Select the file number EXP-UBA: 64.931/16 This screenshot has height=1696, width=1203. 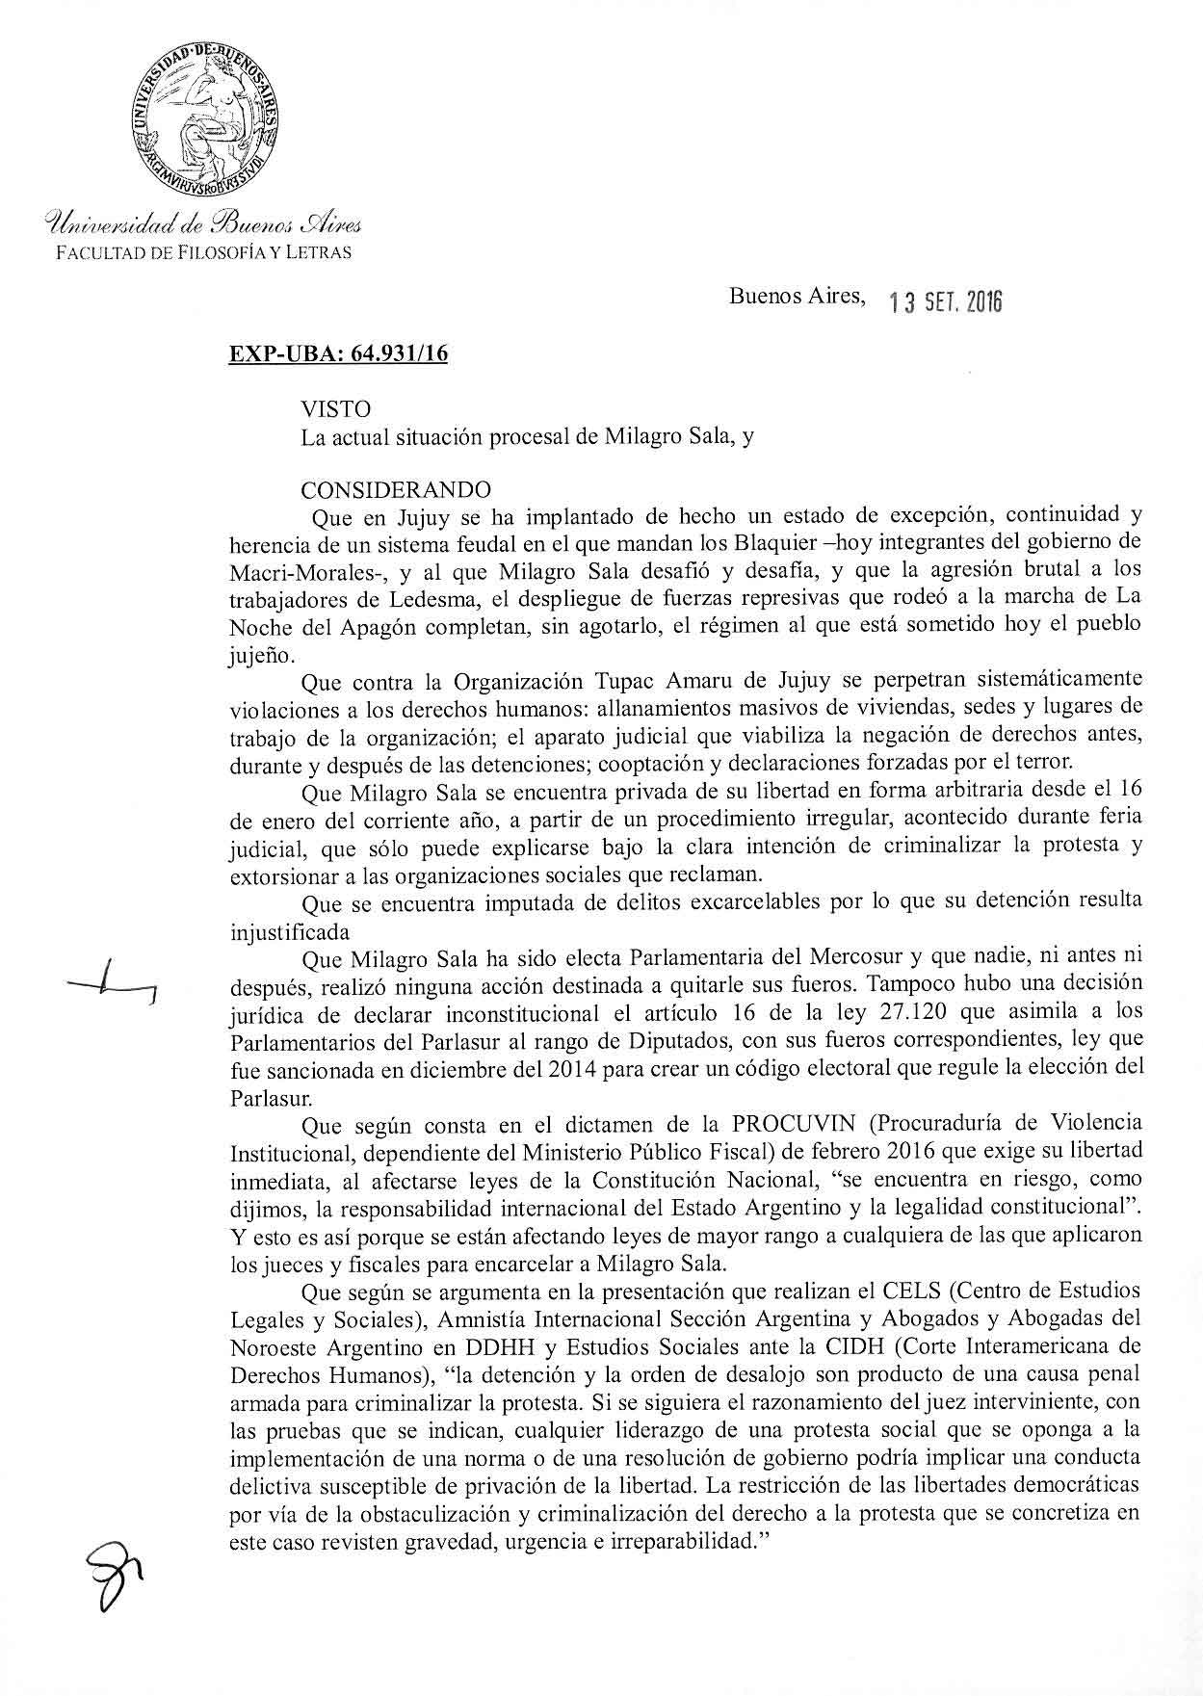337,353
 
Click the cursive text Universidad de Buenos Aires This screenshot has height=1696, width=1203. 202,226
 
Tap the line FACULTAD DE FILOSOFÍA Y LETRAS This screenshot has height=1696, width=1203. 202,252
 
